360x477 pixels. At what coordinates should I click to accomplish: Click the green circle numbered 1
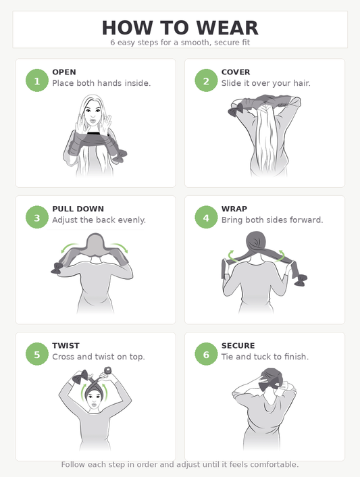[x=37, y=80]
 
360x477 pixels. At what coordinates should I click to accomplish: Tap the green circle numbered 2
[x=206, y=80]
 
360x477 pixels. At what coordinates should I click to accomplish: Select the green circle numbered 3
[x=37, y=217]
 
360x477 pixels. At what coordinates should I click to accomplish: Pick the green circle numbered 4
[x=206, y=217]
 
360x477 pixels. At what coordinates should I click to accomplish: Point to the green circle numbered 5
[x=37, y=354]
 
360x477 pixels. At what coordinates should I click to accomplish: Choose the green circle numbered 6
[x=206, y=354]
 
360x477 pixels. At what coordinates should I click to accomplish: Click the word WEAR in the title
[x=227, y=28]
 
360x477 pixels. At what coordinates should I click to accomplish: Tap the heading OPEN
[x=64, y=72]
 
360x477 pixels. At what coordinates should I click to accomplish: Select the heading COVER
[x=236, y=72]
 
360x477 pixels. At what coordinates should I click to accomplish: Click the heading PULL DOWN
[x=78, y=209]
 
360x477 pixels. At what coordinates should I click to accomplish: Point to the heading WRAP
[x=234, y=209]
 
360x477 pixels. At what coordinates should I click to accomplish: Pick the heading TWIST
[x=66, y=346]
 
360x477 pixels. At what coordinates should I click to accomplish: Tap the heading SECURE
[x=238, y=346]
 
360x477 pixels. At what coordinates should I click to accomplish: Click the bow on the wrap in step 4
[x=301, y=280]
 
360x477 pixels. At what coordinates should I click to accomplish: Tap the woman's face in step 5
[x=94, y=399]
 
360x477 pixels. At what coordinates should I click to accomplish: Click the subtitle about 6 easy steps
[x=180, y=43]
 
